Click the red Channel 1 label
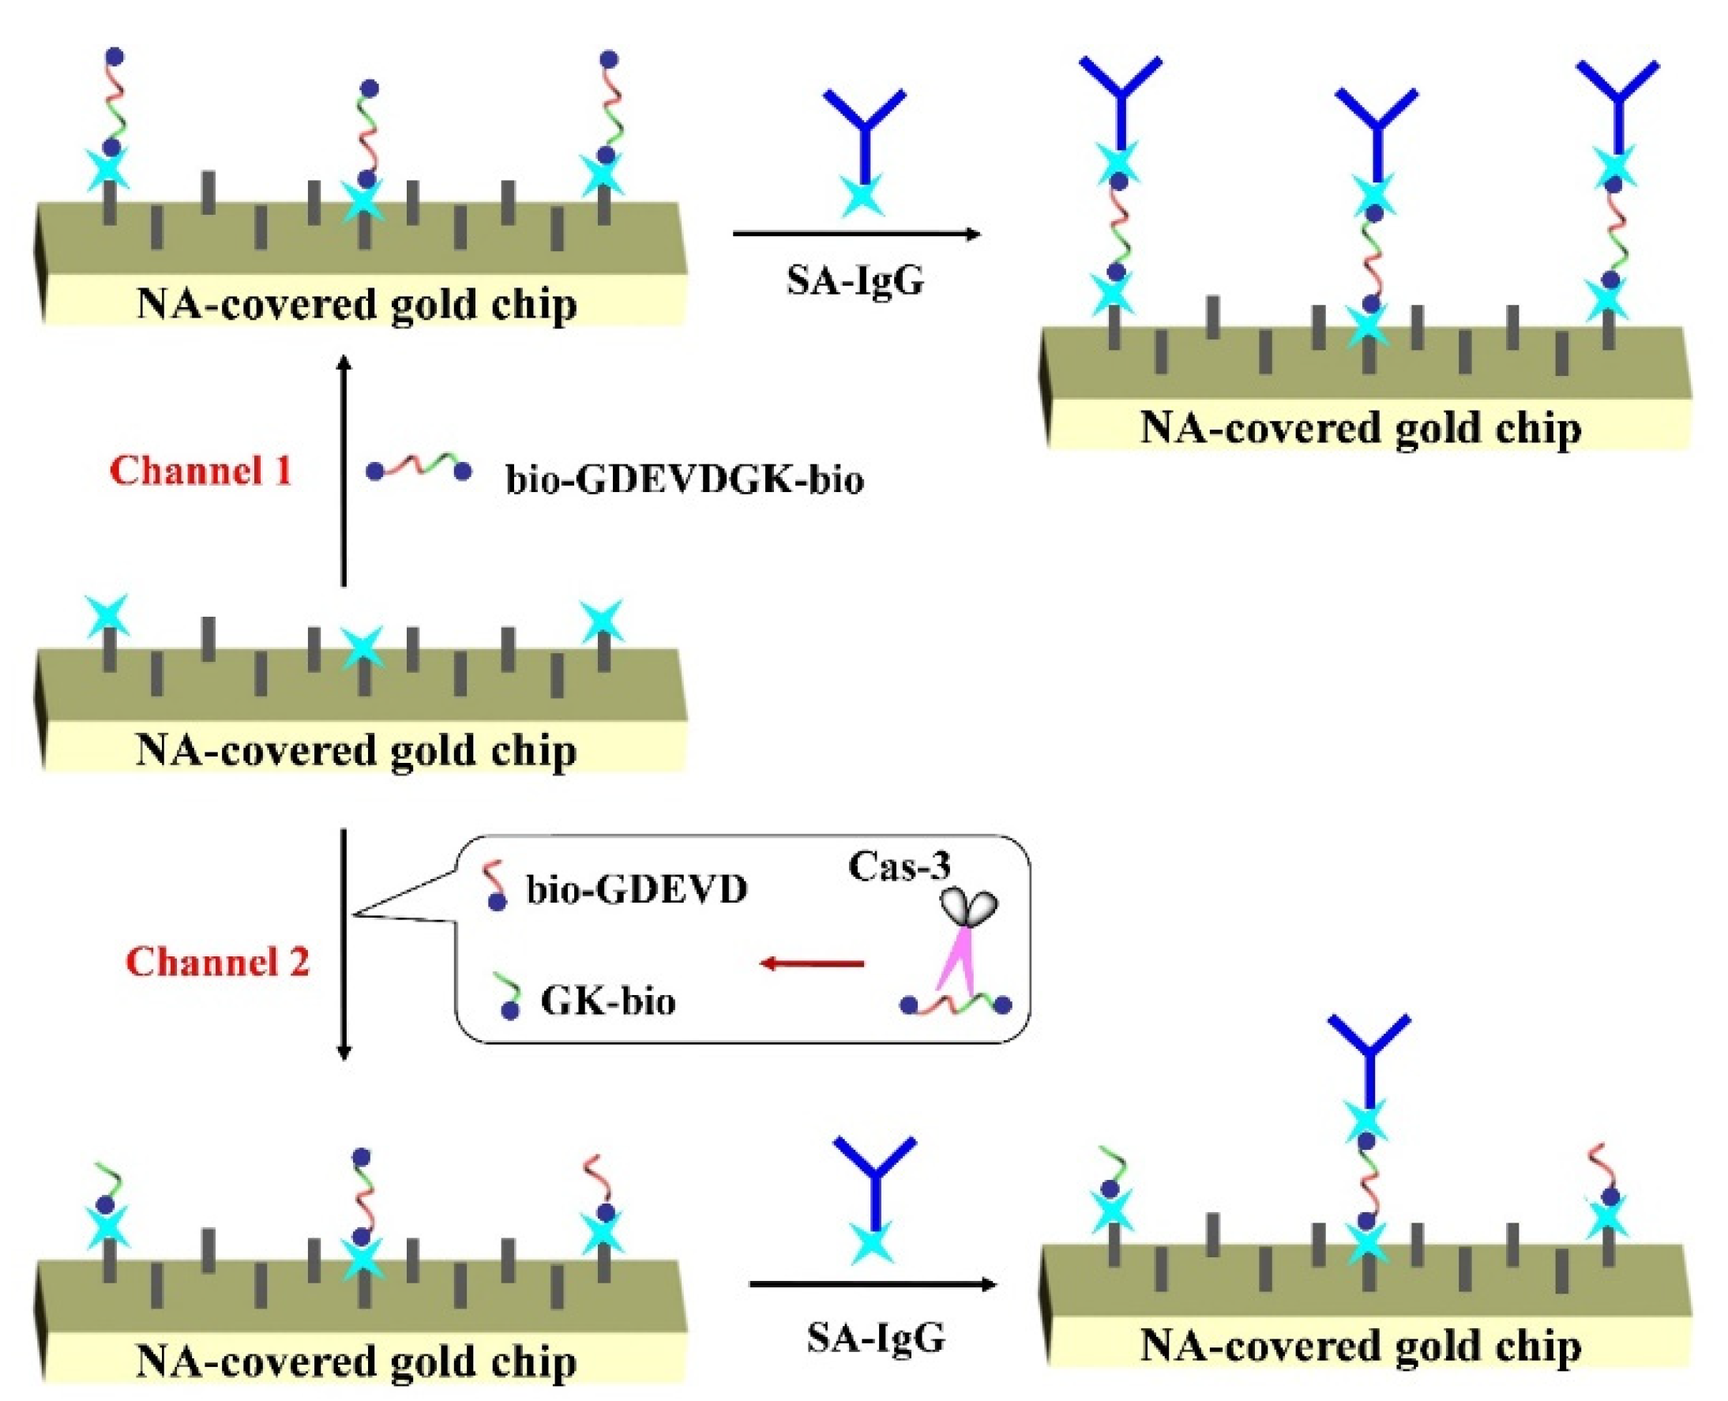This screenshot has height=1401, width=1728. tap(200, 471)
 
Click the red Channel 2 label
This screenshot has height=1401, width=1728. tap(218, 962)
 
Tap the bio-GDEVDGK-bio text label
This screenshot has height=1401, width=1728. tap(685, 480)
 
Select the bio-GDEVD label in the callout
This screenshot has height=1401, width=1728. tap(637, 890)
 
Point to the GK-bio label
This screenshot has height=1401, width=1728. tap(608, 1001)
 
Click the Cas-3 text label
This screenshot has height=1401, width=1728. tap(899, 866)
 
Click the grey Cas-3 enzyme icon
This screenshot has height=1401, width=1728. tap(970, 907)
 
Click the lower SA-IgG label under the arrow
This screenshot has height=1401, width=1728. tap(876, 1338)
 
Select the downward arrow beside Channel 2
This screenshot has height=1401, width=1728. tap(344, 945)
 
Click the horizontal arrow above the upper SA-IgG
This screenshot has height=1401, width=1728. tap(855, 235)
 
